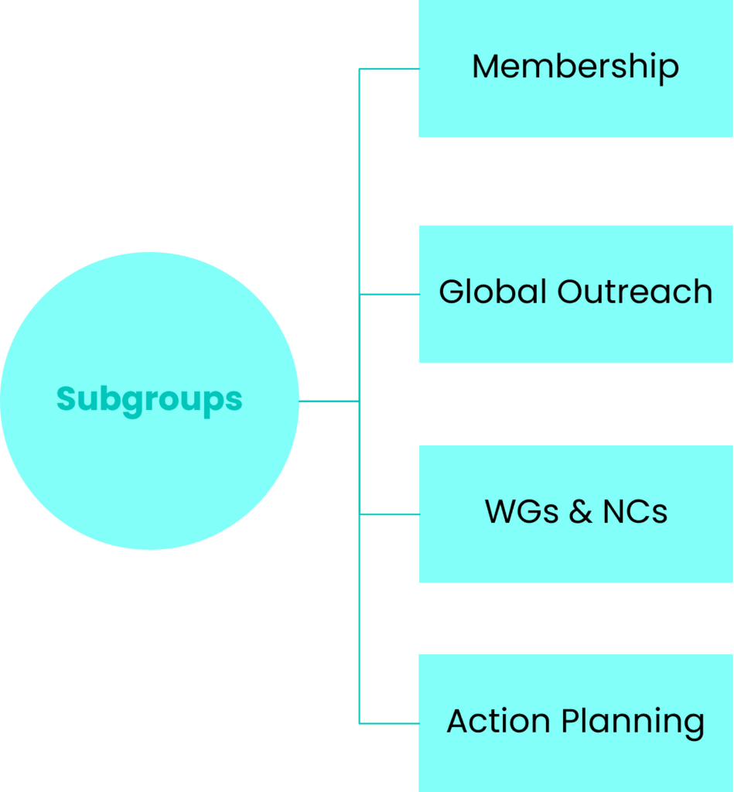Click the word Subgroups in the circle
click(x=149, y=401)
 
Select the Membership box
click(x=576, y=68)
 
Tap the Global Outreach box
click(x=576, y=294)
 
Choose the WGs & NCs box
click(x=576, y=514)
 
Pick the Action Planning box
click(x=576, y=723)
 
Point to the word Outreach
click(x=635, y=292)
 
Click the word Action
click(x=499, y=721)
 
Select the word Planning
click(x=633, y=723)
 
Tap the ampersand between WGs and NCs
click(x=581, y=511)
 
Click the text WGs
click(x=522, y=511)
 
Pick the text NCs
click(x=636, y=511)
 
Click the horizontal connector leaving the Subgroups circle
click(x=329, y=401)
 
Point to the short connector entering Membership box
click(x=389, y=69)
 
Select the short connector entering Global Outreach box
click(x=389, y=294)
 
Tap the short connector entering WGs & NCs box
click(x=389, y=514)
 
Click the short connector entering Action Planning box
click(x=389, y=723)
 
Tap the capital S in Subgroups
click(x=66, y=399)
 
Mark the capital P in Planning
click(x=571, y=721)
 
